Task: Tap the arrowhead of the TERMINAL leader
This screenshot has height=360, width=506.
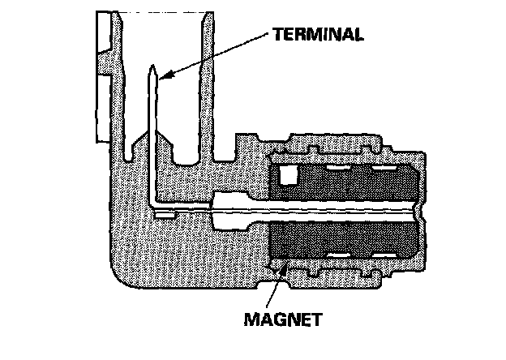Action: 162,79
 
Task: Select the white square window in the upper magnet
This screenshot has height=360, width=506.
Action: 289,174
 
